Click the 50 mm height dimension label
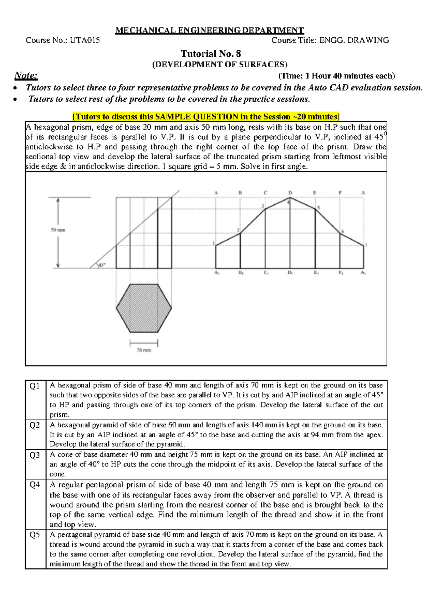pos(58,230)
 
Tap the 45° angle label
pos(102,265)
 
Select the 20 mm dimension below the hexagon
pos(144,350)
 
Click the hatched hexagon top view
pos(144,308)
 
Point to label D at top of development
pos(290,193)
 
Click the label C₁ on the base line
pos(266,273)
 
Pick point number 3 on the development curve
pos(263,206)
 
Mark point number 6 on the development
pos(343,232)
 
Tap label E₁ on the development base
pos(316,273)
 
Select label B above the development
pos(240,193)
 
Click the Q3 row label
pos(35,455)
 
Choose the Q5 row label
pos(35,535)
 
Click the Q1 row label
pos(35,386)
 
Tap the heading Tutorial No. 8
pos(211,54)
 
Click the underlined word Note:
pos(26,75)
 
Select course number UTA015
pos(85,40)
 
